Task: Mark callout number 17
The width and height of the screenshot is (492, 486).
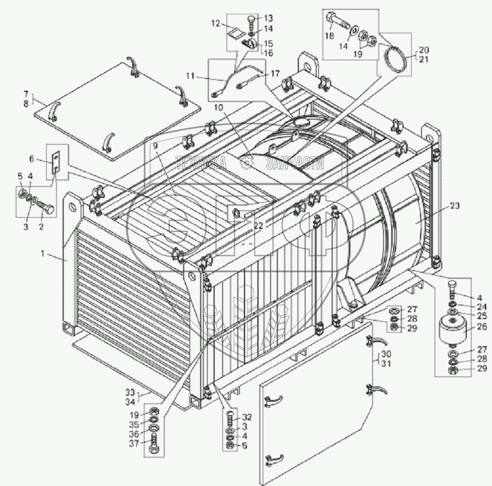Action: (274, 73)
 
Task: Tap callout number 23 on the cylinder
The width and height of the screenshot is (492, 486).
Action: (455, 206)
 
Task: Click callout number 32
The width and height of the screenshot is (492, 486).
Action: (247, 417)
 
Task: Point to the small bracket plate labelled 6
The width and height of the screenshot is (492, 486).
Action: (56, 161)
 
